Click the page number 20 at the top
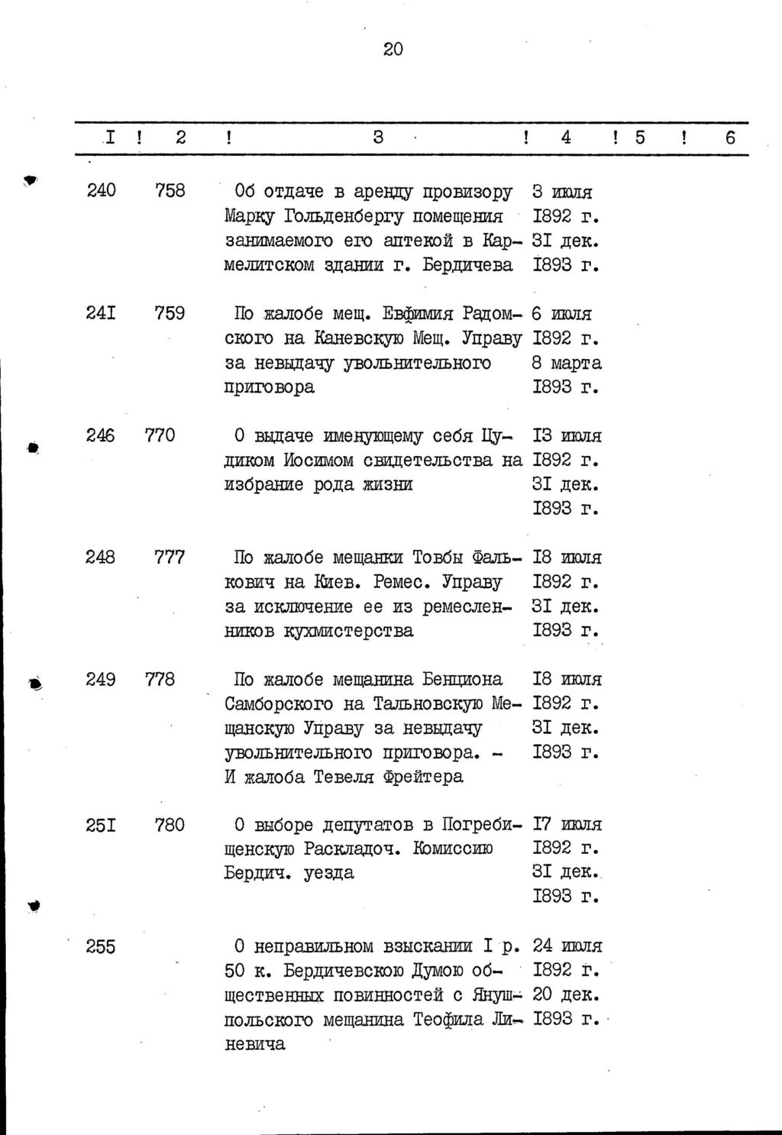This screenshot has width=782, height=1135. [393, 50]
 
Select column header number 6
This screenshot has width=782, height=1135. [730, 138]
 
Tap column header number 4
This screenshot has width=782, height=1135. [566, 138]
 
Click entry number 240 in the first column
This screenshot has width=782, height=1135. [101, 191]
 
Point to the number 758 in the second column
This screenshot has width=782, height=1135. [170, 191]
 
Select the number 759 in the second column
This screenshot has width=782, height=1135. [170, 313]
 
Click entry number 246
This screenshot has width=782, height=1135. [101, 435]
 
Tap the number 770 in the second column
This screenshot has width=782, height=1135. [160, 435]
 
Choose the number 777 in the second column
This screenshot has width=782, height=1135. [170, 558]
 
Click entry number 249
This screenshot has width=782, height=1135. [101, 679]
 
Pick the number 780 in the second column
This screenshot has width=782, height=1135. [170, 825]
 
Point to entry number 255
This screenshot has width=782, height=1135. [101, 947]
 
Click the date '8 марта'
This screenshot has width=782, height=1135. [567, 363]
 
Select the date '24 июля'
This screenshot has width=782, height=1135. [567, 946]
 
